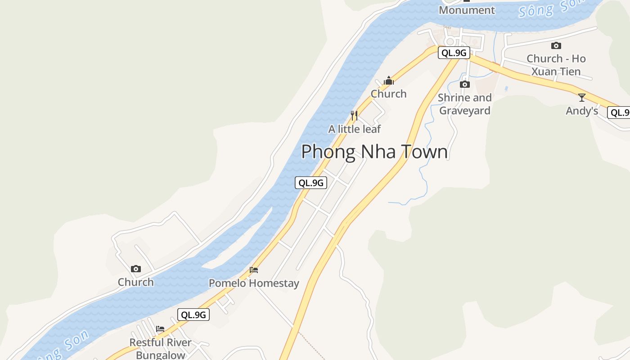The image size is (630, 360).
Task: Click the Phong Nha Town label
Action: tap(374, 152)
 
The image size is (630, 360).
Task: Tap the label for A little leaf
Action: tap(355, 129)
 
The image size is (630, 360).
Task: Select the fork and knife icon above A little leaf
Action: tap(354, 116)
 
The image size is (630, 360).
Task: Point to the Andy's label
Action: tap(582, 111)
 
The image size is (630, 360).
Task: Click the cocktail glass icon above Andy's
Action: tap(582, 97)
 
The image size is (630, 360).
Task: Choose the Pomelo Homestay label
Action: tap(254, 283)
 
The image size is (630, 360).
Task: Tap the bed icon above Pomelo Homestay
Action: tap(254, 270)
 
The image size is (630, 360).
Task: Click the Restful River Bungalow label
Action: tap(161, 348)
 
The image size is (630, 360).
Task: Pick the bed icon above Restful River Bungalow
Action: tap(160, 329)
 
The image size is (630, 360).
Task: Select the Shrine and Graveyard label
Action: tap(465, 104)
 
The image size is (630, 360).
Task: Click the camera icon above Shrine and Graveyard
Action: tap(465, 84)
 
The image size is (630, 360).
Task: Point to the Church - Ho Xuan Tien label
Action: tap(556, 65)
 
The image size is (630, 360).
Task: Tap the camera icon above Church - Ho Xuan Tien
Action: tap(556, 45)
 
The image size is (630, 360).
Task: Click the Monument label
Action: tap(467, 10)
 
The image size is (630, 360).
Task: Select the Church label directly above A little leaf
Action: tap(388, 94)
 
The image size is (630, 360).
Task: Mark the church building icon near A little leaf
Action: tap(388, 81)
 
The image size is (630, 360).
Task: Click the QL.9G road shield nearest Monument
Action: tap(454, 53)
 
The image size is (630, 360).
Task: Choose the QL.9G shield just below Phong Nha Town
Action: tap(311, 183)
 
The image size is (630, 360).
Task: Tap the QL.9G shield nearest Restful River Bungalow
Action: tap(193, 315)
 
